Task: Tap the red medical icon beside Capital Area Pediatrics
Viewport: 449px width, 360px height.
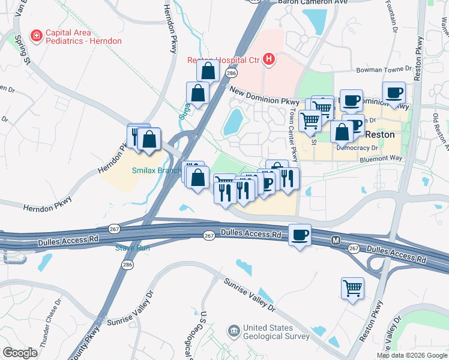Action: pos(37,36)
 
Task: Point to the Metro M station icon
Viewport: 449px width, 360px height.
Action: pos(336,240)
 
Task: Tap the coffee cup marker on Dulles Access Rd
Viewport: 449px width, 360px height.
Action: pos(300,235)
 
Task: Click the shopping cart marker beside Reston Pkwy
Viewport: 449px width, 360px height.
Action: pos(352,287)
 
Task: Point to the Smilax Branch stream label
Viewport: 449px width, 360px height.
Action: pos(157,170)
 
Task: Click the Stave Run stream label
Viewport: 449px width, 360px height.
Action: pos(133,247)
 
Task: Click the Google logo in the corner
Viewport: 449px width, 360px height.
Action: pos(20,353)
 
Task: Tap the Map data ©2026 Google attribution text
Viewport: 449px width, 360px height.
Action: pos(412,355)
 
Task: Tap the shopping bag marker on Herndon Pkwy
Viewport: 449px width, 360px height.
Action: pos(149,139)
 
